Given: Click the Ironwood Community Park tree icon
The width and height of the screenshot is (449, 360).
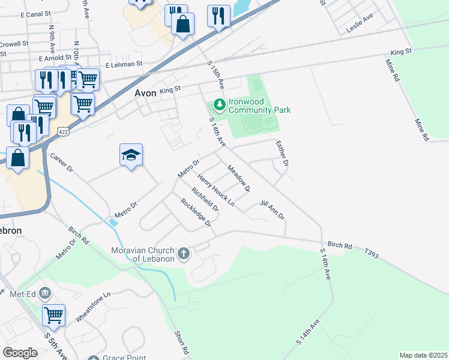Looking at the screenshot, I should (x=219, y=106).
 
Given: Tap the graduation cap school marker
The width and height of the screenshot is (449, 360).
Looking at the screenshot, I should (x=131, y=155).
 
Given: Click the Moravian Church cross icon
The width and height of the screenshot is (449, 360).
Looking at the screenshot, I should (x=184, y=254).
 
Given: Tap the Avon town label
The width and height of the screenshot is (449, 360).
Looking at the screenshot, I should (x=145, y=93).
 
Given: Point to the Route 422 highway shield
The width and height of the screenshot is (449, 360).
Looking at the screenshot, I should (x=62, y=130).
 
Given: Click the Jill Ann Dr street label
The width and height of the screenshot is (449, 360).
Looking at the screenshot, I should (x=272, y=210).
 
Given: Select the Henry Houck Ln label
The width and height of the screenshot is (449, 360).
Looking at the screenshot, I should (x=215, y=190).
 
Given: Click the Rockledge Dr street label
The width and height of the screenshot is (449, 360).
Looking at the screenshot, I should (x=196, y=212).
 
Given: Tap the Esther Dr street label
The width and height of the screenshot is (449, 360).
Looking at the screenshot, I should (x=282, y=153).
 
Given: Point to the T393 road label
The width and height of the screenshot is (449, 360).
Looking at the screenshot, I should (x=372, y=255).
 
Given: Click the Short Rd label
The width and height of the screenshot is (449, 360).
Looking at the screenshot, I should (x=182, y=342).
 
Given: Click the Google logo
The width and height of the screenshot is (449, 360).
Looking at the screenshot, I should (x=20, y=353).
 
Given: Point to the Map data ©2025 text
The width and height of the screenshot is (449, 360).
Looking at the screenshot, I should (x=423, y=355).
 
